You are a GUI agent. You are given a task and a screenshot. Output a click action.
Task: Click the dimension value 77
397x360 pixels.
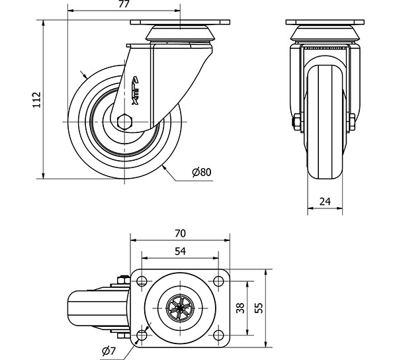coord(122,6)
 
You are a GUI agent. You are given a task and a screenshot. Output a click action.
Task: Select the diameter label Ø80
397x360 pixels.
coord(201,172)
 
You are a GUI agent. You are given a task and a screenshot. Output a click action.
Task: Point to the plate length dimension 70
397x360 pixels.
coord(179,233)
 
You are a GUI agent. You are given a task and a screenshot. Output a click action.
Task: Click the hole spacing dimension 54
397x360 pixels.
coord(179,251)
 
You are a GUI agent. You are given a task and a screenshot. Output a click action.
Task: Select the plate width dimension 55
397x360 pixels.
coord(259,308)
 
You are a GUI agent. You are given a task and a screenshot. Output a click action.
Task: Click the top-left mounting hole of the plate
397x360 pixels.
coord(142,283)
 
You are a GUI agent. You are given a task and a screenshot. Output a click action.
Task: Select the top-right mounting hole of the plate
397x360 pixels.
coord(218,283)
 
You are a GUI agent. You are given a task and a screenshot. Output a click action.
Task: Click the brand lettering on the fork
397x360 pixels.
coord(136,89)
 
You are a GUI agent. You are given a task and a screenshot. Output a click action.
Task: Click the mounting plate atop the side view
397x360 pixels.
coord(179,23)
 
